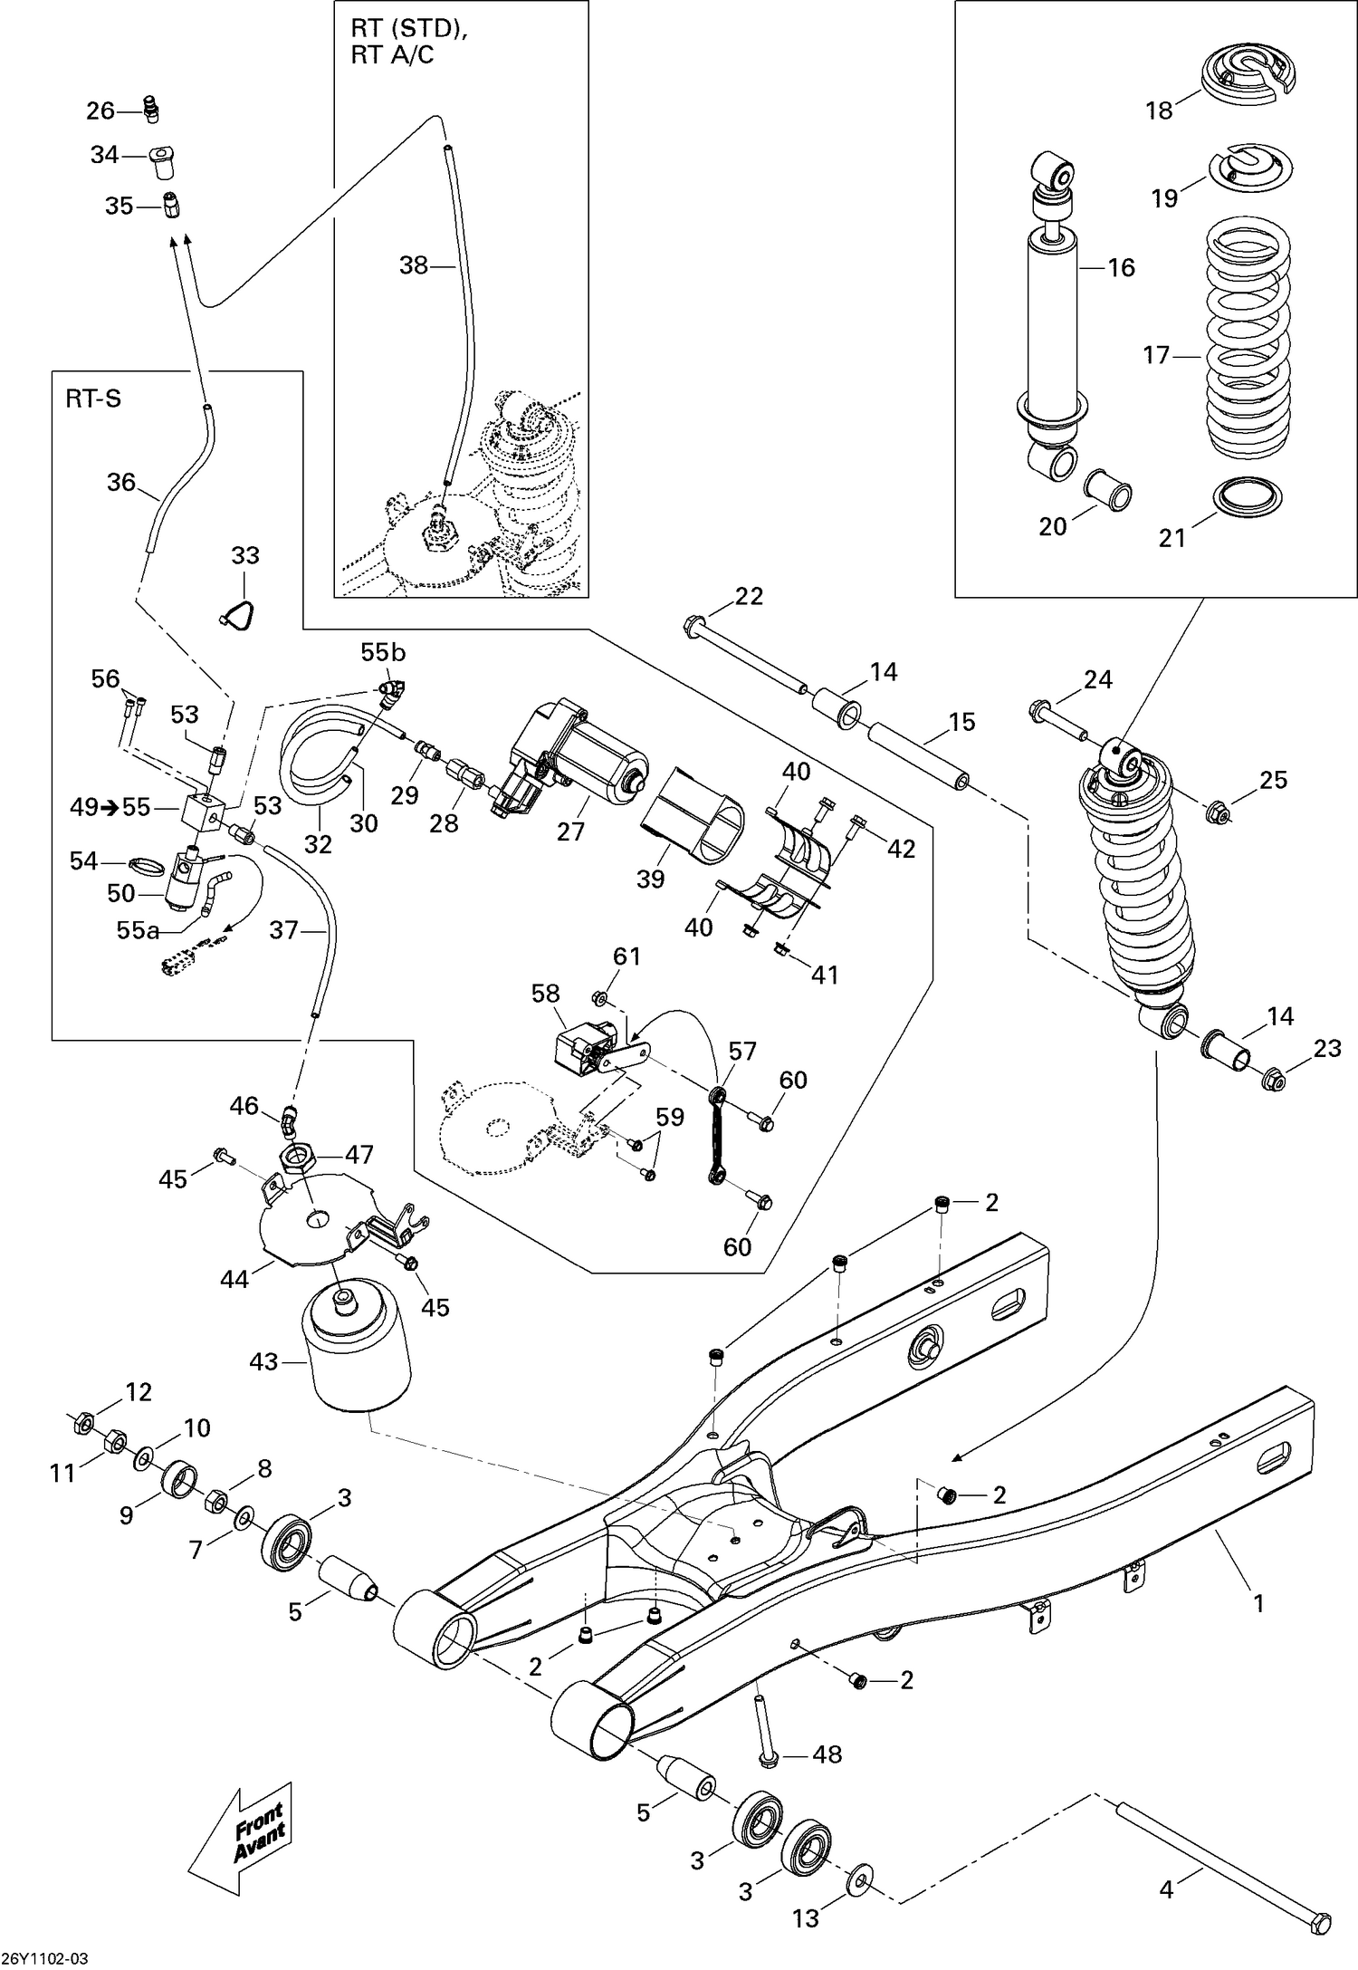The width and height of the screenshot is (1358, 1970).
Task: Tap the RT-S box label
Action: tap(92, 399)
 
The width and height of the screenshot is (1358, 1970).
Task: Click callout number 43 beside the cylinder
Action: tap(263, 1361)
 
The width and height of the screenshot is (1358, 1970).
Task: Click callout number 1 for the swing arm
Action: tap(1258, 1602)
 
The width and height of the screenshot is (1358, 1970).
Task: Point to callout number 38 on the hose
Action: tap(414, 265)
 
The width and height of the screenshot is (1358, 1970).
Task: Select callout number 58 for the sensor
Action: tap(546, 994)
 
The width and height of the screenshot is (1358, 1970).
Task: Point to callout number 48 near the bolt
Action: tap(827, 1754)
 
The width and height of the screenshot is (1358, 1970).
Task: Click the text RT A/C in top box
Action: tap(392, 55)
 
